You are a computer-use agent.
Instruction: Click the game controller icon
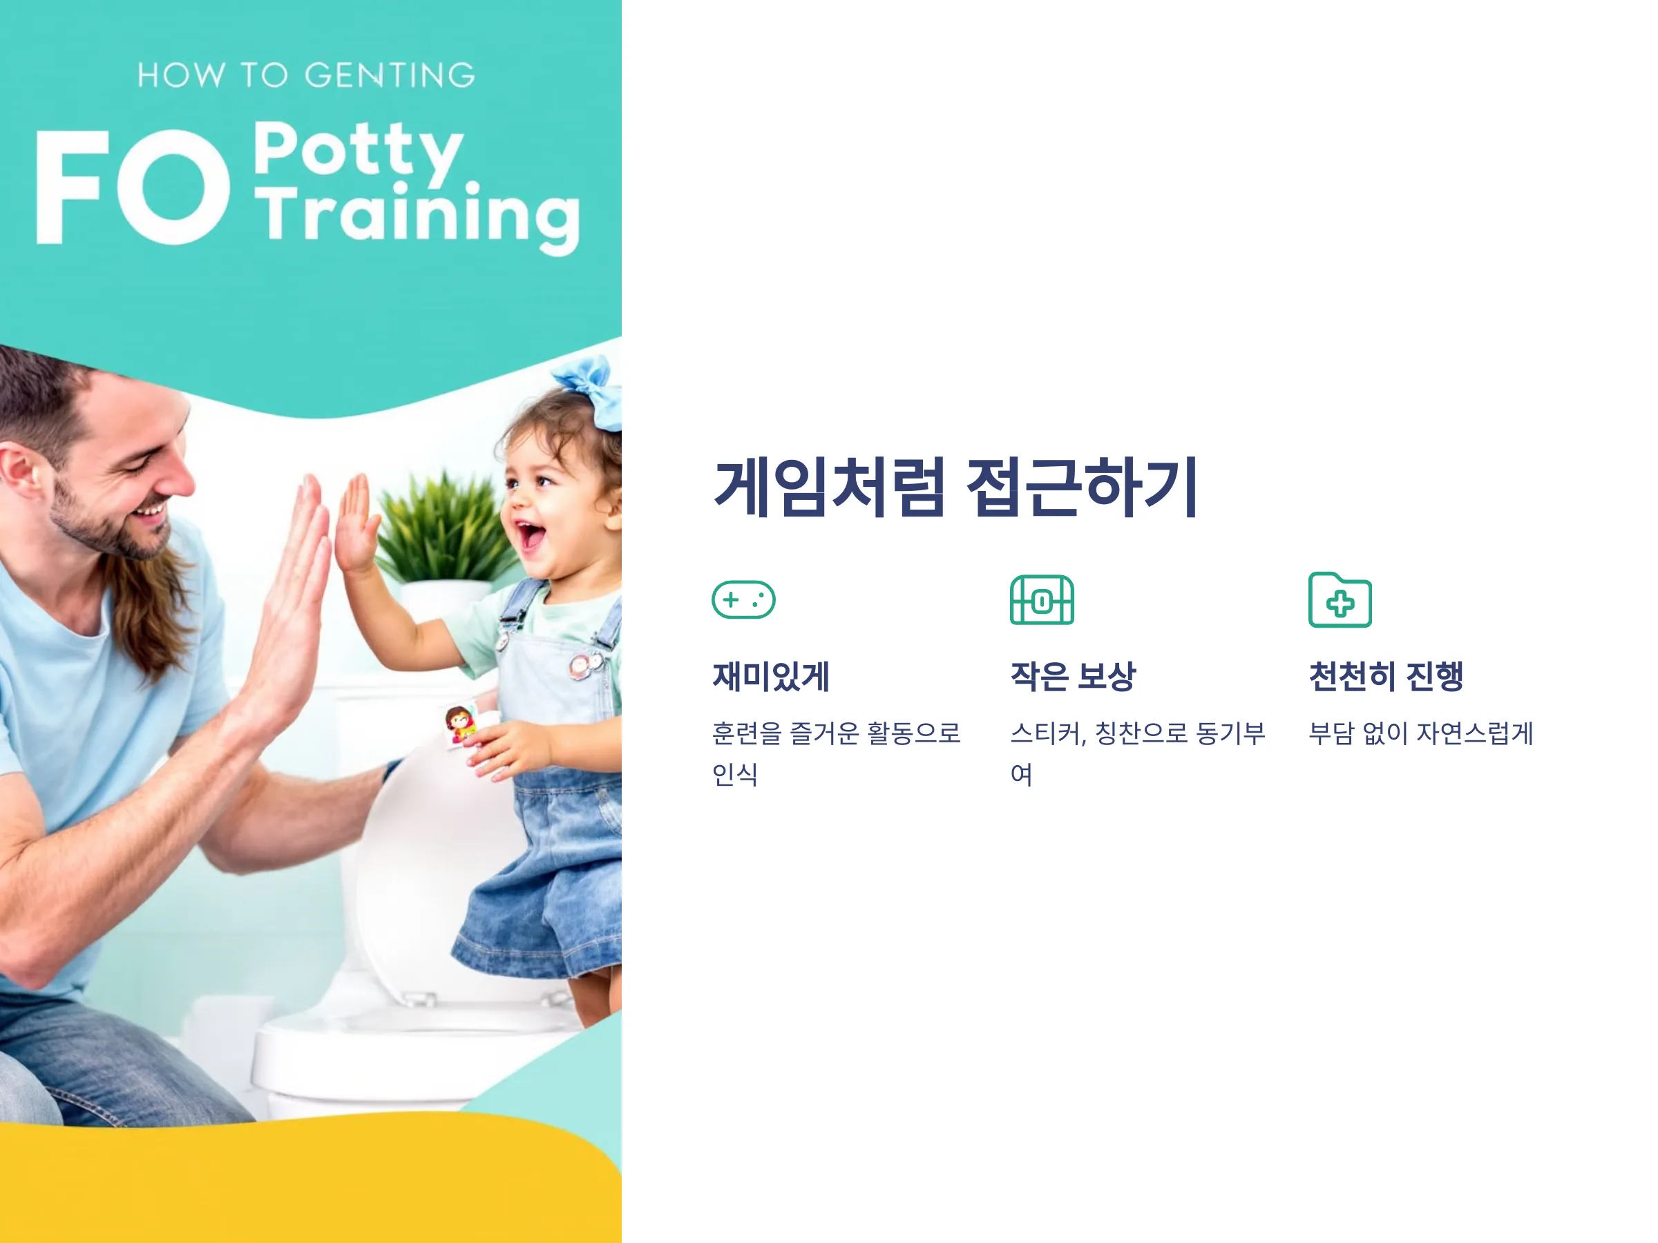[x=743, y=599]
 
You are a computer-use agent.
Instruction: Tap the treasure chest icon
[x=1042, y=599]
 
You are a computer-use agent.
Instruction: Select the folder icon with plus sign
[x=1340, y=599]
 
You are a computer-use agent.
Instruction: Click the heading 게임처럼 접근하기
[x=955, y=487]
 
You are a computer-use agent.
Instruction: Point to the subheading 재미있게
[x=770, y=677]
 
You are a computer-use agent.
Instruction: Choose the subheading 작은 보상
[x=1073, y=677]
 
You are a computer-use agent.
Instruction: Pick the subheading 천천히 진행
[x=1386, y=677]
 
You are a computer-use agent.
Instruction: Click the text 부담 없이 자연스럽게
[x=1421, y=733]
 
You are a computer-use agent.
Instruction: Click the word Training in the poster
[x=418, y=218]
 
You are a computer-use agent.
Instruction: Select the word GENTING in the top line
[x=390, y=75]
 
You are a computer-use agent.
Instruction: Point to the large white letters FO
[x=133, y=186]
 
